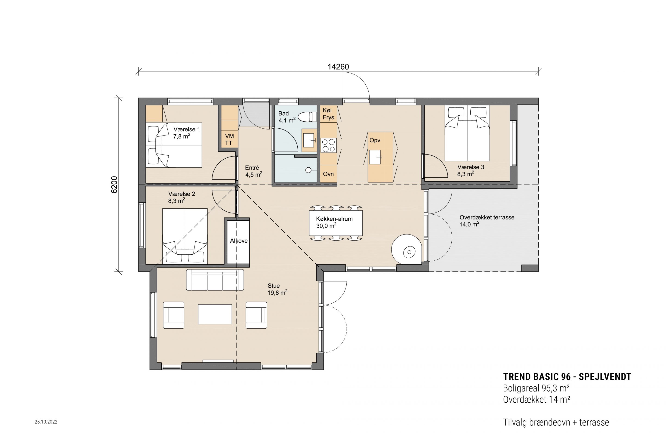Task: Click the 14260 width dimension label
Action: [x=338, y=67]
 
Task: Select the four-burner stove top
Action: [x=328, y=145]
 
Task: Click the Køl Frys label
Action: [x=328, y=114]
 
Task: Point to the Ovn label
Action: [x=328, y=174]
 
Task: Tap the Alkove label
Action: [x=239, y=241]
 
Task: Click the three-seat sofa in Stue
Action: [x=215, y=280]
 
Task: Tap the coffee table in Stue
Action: [x=215, y=314]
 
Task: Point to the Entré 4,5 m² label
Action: [x=253, y=171]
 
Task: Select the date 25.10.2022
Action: [x=46, y=422]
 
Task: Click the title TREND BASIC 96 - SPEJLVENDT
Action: [x=567, y=377]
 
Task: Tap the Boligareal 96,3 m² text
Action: [x=536, y=388]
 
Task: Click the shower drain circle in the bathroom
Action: [x=308, y=170]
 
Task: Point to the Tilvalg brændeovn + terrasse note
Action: [x=556, y=422]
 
